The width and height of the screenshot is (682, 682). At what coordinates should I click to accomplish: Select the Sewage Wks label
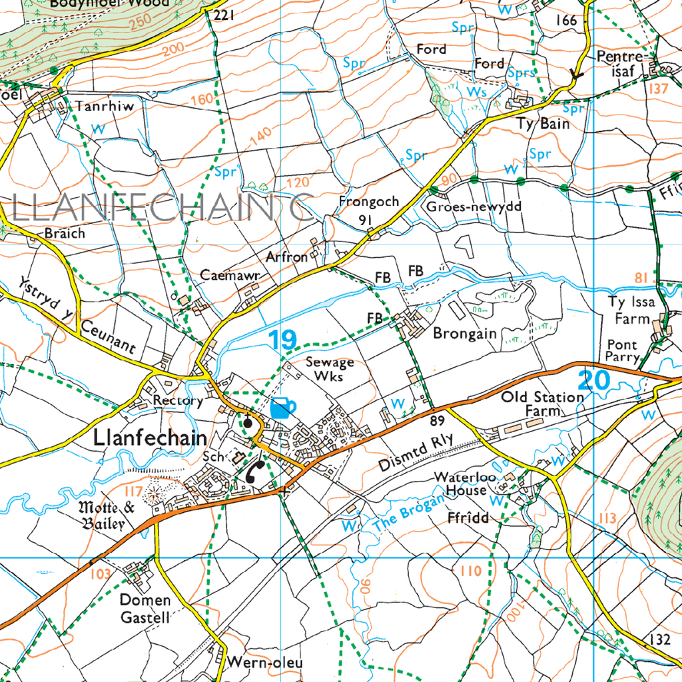click(330, 368)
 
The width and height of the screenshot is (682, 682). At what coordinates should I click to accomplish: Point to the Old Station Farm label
click(542, 404)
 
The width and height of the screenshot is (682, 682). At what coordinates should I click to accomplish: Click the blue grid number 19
click(283, 340)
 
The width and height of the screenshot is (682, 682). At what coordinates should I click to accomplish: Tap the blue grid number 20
click(593, 381)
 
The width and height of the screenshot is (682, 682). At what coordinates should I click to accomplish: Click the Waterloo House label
click(462, 484)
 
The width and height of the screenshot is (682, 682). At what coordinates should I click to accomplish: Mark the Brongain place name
click(465, 333)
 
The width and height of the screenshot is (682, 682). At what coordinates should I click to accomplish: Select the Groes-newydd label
click(474, 206)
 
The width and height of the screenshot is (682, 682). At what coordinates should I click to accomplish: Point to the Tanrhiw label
click(105, 106)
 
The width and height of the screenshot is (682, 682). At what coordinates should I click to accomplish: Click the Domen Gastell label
click(145, 608)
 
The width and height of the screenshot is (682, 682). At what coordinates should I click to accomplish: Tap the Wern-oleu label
click(264, 663)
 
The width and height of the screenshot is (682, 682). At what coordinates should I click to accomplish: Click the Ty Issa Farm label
click(631, 310)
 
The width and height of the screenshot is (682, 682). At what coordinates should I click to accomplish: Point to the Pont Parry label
click(622, 351)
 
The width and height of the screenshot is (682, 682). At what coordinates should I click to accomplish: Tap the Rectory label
click(177, 400)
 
